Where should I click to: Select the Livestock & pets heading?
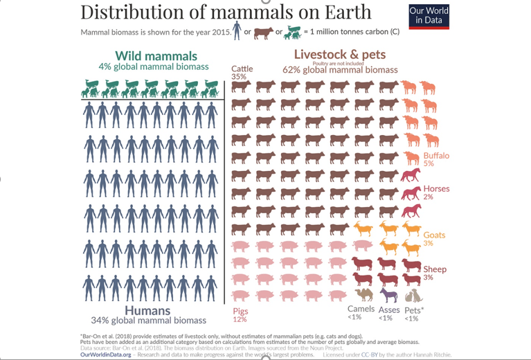click(x=340, y=55)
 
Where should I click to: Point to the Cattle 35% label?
click(x=242, y=72)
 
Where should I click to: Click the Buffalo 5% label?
click(x=436, y=159)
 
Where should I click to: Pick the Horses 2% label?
click(x=436, y=192)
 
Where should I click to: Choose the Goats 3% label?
click(x=434, y=239)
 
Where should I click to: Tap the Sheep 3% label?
click(x=435, y=273)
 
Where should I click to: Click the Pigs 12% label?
click(x=240, y=315)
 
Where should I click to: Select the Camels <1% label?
click(x=361, y=313)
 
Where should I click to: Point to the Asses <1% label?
click(x=390, y=313)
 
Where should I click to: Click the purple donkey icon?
click(x=389, y=296)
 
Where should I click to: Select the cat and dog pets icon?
click(x=413, y=296)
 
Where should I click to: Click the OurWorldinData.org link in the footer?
click(x=106, y=354)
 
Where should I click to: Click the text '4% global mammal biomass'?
click(x=153, y=66)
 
